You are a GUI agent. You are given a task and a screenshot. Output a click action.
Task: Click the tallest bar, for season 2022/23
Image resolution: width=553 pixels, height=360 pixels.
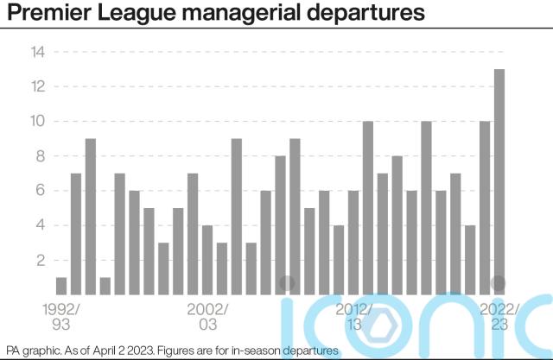click(x=499, y=181)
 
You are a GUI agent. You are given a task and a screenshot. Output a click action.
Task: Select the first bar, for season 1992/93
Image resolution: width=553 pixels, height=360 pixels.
click(x=61, y=286)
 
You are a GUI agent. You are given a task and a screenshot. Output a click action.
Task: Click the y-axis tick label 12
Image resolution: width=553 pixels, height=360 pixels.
click(x=36, y=86)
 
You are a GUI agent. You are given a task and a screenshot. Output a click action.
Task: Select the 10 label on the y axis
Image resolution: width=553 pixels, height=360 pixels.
click(x=36, y=121)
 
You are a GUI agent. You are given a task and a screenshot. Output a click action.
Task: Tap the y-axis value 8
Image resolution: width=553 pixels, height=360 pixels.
click(x=38, y=156)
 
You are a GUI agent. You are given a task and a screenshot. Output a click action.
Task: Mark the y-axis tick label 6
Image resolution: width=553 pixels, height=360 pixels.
click(x=38, y=191)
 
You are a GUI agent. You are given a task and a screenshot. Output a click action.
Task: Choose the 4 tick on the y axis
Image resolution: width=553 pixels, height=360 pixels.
click(x=38, y=225)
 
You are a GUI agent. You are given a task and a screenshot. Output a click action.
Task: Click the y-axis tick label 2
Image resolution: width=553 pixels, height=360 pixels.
click(x=38, y=260)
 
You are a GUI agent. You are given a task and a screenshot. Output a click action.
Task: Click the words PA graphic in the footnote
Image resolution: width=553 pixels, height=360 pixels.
click(x=29, y=350)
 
